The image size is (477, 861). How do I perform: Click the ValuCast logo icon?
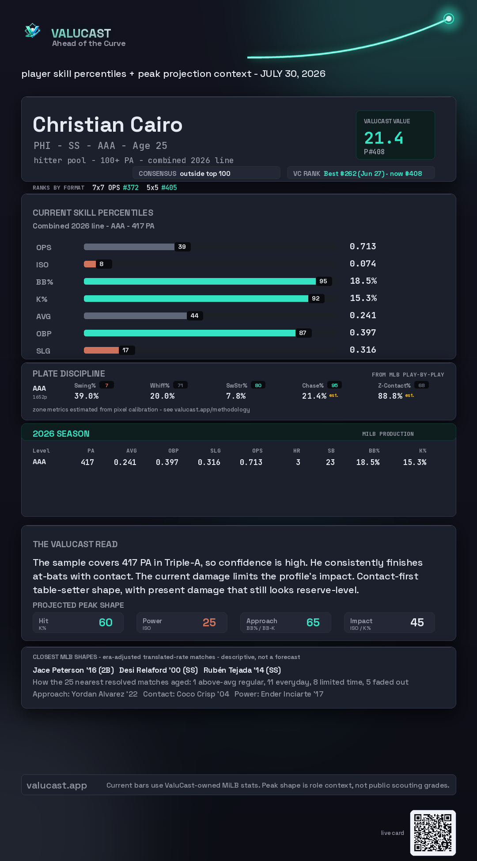click(x=32, y=30)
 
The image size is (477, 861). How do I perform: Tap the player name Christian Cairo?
click(x=107, y=125)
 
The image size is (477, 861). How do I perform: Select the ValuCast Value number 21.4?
click(x=383, y=138)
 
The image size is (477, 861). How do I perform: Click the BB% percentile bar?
click(x=200, y=281)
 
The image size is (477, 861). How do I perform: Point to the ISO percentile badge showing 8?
click(x=102, y=264)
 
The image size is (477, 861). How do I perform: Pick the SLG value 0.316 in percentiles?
click(x=363, y=350)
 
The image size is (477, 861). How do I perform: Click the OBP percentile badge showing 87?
click(x=303, y=333)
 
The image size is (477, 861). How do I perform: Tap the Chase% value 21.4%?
click(x=314, y=396)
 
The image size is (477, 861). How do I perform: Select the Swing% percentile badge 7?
click(x=106, y=385)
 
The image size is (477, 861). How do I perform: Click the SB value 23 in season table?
click(x=330, y=462)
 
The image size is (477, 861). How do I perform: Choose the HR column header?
click(x=297, y=451)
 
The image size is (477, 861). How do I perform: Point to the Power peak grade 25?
click(x=209, y=622)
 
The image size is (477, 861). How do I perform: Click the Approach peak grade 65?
click(x=313, y=622)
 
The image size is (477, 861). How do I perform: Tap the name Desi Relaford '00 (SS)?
click(x=159, y=670)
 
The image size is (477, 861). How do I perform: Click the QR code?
click(x=433, y=833)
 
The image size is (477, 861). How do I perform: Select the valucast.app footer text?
click(x=57, y=785)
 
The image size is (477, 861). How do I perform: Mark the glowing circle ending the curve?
click(x=449, y=19)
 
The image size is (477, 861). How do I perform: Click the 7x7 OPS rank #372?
click(x=131, y=187)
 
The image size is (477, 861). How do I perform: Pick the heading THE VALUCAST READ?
click(x=75, y=544)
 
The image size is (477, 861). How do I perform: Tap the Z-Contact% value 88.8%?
click(x=390, y=396)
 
